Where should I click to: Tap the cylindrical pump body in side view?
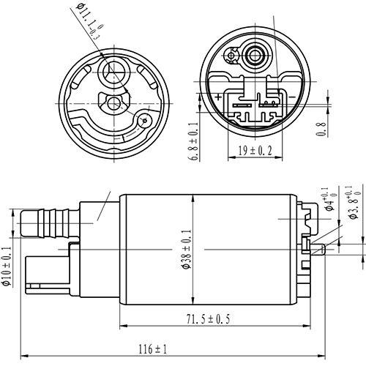pyautogui.click(x=209, y=249)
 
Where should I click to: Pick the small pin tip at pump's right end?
pyautogui.click(x=322, y=250)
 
